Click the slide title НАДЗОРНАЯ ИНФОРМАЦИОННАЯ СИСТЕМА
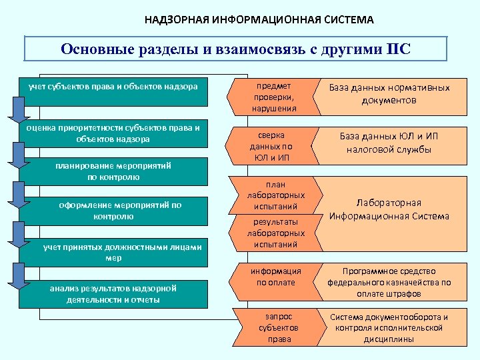[x=259, y=19]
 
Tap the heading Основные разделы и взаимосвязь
[x=220, y=49]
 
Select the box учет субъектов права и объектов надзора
[x=113, y=87]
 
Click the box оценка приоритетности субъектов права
[x=113, y=133]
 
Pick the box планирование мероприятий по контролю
[x=113, y=171]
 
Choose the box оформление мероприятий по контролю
[x=113, y=211]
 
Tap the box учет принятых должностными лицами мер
[x=113, y=251]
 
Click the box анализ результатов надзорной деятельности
[x=113, y=293]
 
